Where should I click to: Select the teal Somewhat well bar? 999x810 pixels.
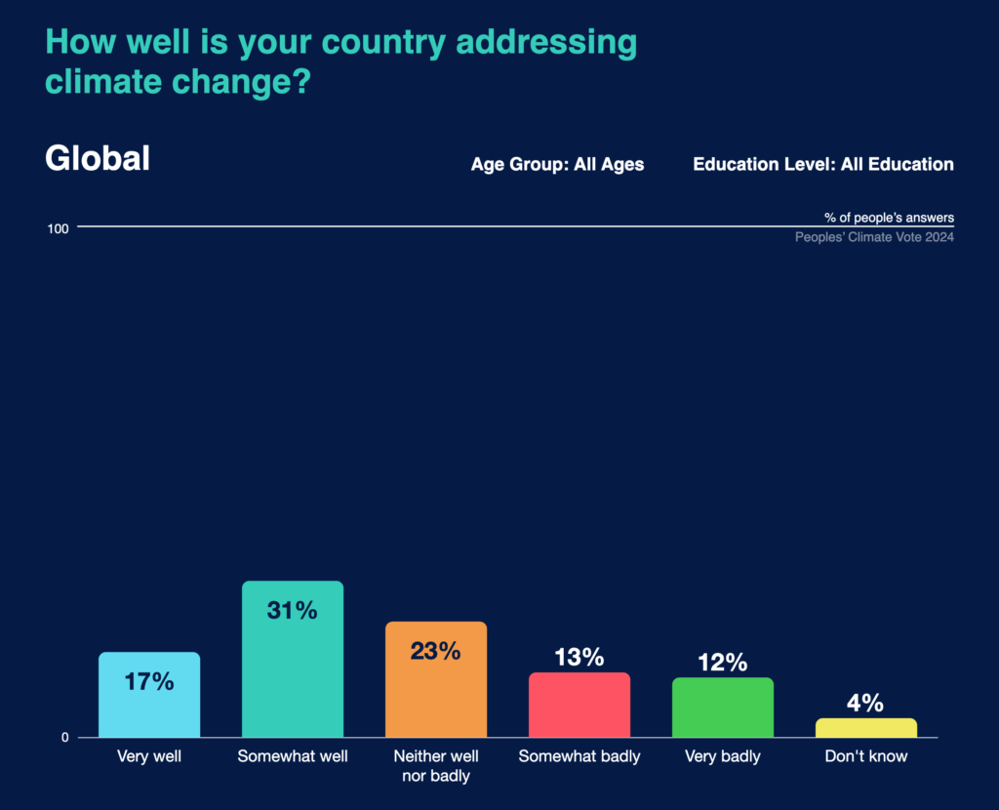tap(293, 673)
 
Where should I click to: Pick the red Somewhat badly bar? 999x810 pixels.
tap(579, 707)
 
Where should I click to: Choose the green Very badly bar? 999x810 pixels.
tap(723, 709)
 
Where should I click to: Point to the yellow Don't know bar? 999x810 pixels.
tap(866, 728)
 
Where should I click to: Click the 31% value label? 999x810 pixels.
tap(293, 611)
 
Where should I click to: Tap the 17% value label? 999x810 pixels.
tap(149, 681)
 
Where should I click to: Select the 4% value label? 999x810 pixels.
tap(865, 703)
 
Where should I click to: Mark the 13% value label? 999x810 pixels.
tap(579, 657)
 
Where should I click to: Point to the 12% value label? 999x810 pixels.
tap(723, 663)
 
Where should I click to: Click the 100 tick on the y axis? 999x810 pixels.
tap(58, 228)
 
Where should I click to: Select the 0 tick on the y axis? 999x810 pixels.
tap(65, 738)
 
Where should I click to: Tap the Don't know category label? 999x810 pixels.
tap(866, 756)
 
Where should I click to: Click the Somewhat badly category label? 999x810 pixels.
tap(579, 756)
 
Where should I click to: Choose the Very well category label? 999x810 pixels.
tap(149, 756)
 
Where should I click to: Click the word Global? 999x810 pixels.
tap(98, 159)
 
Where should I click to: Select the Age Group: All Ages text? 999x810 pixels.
tap(557, 164)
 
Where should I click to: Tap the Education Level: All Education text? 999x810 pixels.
tap(823, 164)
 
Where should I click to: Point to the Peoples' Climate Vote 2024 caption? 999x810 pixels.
tap(874, 237)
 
